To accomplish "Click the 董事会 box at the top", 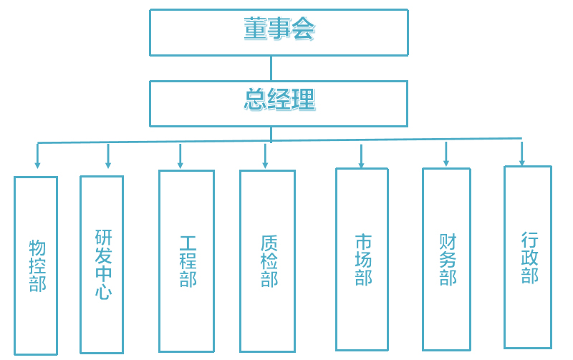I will pos(279,32).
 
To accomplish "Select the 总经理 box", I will pos(279,103).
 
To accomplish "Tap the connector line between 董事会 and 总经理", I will pos(271,68).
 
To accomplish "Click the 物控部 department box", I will pos(36,266).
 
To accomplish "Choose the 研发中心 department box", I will pos(102,265).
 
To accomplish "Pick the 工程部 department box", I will pos(186,261).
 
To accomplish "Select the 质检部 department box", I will pos(267,261).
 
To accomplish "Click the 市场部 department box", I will pos(362,259).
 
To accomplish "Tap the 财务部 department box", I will pos(446,259).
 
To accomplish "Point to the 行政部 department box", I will pos(528,257).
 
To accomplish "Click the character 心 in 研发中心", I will pos(103,291).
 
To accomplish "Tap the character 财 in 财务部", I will pos(448,241).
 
